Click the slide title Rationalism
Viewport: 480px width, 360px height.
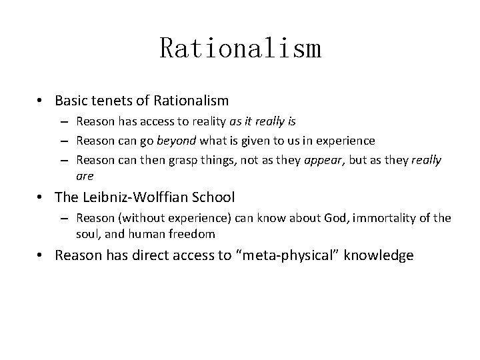click(240, 49)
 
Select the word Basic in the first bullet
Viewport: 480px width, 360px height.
click(71, 101)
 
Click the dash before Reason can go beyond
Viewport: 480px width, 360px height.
click(68, 141)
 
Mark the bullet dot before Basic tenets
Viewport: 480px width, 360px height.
click(41, 101)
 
